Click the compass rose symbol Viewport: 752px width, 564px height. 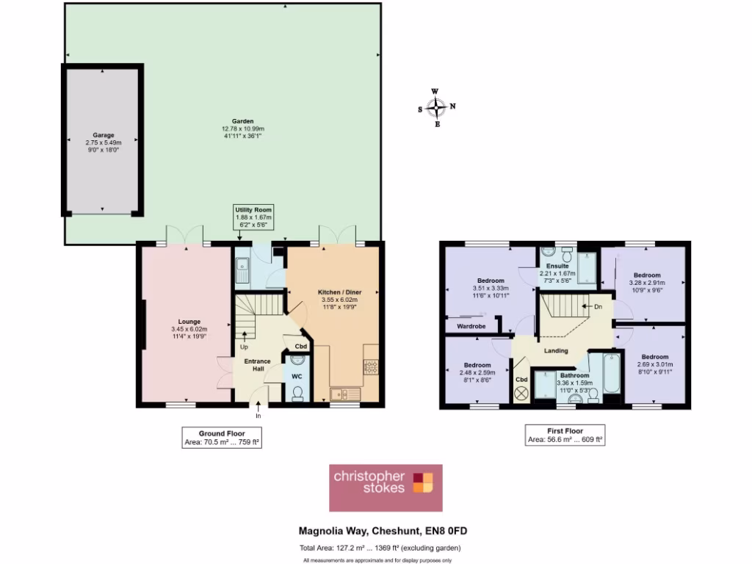pos(437,108)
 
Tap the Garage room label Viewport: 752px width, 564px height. pos(103,135)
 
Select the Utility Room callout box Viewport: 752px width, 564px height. pos(253,217)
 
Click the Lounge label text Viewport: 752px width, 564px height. pos(189,321)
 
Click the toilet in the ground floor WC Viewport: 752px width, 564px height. pos(297,394)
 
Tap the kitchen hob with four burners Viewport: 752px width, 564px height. pos(370,365)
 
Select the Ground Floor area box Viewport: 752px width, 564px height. pos(221,437)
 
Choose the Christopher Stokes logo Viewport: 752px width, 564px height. pos(386,488)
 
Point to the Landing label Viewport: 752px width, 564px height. pos(556,350)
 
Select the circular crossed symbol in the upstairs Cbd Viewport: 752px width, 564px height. pos(522,394)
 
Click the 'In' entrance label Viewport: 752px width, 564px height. pos(258,416)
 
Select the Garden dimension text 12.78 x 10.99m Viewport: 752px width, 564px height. pos(243,129)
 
